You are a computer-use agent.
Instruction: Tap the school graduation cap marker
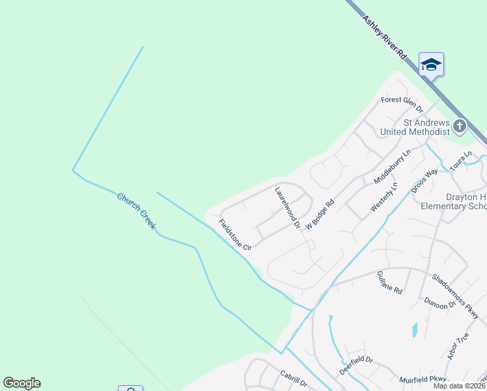tap(431, 65)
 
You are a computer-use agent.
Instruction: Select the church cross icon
tap(460, 126)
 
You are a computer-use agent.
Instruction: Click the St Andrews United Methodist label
tap(426, 127)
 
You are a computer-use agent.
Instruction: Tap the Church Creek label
tap(136, 211)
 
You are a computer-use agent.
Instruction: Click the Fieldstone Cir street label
tap(235, 235)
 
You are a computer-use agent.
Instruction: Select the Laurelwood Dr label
tap(286, 209)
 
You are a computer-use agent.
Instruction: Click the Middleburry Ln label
tap(393, 167)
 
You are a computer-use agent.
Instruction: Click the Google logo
tap(21, 383)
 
